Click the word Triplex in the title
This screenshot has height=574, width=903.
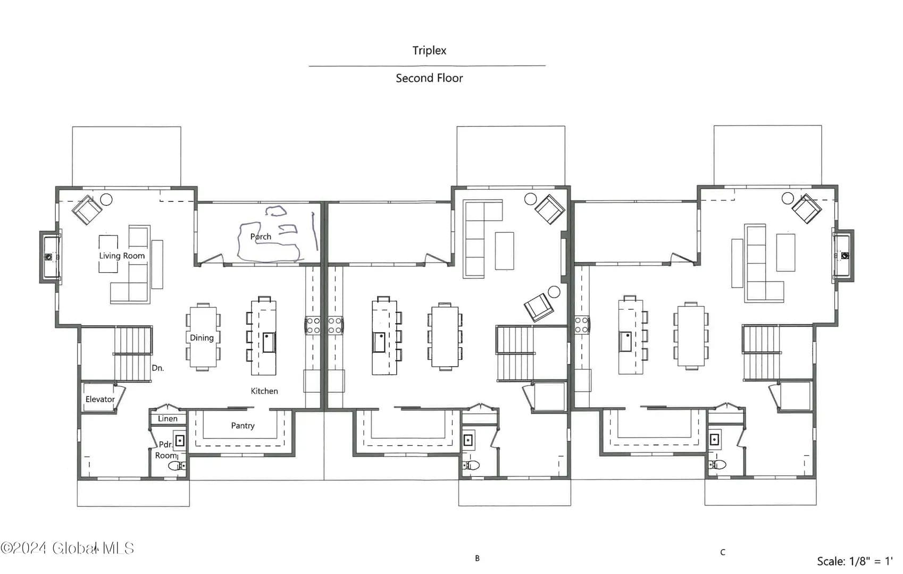[429, 50]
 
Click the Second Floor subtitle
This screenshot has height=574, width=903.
[429, 78]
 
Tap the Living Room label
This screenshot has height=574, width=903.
[122, 256]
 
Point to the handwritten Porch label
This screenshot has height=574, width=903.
[261, 237]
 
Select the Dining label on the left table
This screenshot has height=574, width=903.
[202, 338]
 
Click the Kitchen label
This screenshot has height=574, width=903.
[264, 391]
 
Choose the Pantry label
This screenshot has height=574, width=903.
[243, 426]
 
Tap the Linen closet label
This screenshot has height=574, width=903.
[168, 418]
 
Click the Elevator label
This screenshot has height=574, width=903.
[100, 399]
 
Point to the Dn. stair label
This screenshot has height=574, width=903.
[157, 368]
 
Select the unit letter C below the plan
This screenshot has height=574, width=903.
[723, 552]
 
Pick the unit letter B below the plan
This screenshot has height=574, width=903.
[478, 558]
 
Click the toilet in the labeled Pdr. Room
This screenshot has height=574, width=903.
[177, 466]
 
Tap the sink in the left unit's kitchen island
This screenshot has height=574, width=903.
[269, 342]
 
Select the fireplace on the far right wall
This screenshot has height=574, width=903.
[843, 256]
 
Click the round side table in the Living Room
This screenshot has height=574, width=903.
[106, 199]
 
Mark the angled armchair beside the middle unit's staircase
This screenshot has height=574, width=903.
[539, 308]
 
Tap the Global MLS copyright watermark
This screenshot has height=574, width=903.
[68, 548]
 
